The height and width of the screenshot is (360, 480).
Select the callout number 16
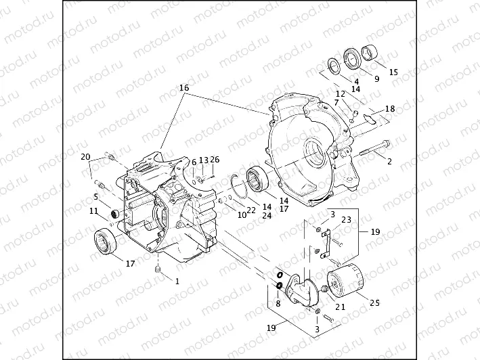[x=183, y=88]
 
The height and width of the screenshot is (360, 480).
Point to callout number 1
[x=177, y=279]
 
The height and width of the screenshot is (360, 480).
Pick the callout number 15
[x=393, y=72]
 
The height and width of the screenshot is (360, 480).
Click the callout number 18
[x=389, y=108]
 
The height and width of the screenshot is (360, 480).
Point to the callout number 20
[x=85, y=157]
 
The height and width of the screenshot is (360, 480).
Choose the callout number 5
[x=97, y=197]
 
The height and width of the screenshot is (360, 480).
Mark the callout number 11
[x=93, y=210]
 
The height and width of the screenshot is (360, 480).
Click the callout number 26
[x=215, y=160]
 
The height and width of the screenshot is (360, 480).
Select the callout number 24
[x=265, y=216]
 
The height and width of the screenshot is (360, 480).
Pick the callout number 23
[x=345, y=219]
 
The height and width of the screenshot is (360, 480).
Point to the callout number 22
[x=251, y=210]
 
